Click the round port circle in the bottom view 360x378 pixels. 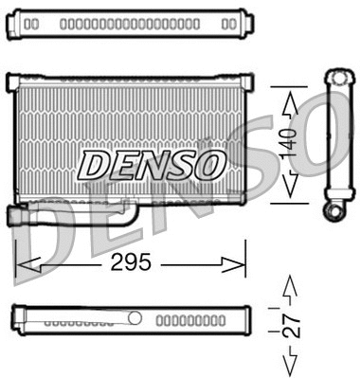[x=135, y=317]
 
